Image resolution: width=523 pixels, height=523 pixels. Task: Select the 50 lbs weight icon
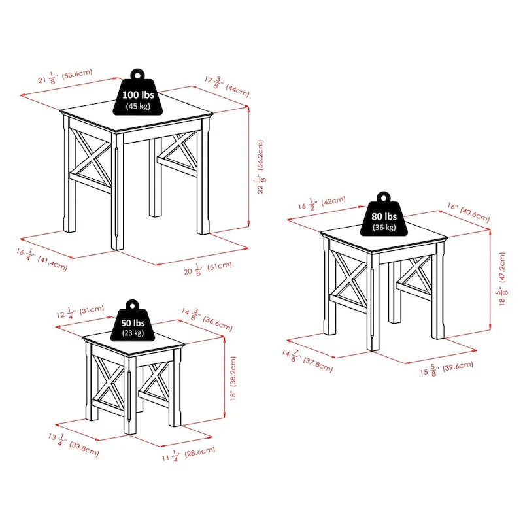tap(134, 325)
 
